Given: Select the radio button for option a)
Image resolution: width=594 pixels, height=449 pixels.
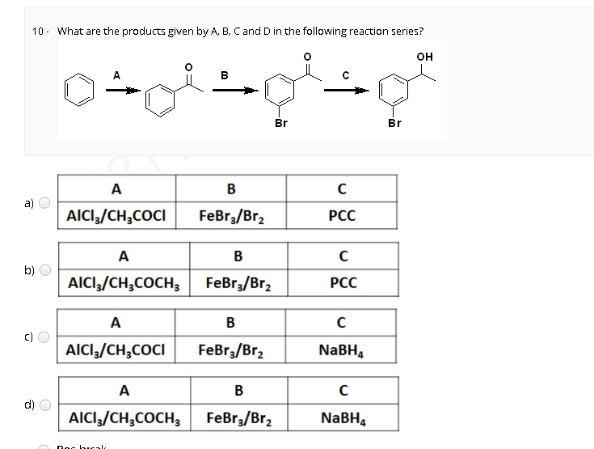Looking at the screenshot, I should pyautogui.click(x=44, y=203).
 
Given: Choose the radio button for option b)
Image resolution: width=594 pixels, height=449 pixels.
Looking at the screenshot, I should pyautogui.click(x=44, y=270).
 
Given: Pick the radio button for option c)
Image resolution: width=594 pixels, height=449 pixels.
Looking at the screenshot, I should pyautogui.click(x=44, y=337).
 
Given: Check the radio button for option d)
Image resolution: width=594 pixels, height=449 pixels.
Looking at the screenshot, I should pyautogui.click(x=44, y=405).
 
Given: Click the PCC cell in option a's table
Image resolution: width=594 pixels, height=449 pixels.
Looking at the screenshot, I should pyautogui.click(x=343, y=217).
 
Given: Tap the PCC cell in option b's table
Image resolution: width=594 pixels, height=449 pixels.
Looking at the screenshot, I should pyautogui.click(x=343, y=284).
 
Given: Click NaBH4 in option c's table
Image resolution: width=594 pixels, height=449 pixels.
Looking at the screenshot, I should pyautogui.click(x=343, y=351).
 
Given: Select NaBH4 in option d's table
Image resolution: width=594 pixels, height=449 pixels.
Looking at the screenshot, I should pyautogui.click(x=343, y=418).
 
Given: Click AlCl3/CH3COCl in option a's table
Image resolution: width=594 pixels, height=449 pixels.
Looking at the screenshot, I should pyautogui.click(x=116, y=217).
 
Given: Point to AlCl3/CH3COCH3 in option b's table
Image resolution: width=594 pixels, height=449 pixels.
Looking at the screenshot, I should pyautogui.click(x=124, y=284).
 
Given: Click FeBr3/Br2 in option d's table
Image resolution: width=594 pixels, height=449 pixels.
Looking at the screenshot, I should pyautogui.click(x=238, y=418).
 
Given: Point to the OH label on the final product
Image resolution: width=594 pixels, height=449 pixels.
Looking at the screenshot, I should pyautogui.click(x=424, y=56).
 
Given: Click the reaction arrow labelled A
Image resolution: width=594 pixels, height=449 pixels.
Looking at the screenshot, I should pyautogui.click(x=118, y=90).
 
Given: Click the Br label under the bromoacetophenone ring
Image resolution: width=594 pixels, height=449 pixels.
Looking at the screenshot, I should pyautogui.click(x=280, y=124).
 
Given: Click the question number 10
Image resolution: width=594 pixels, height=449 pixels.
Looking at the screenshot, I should pyautogui.click(x=38, y=32).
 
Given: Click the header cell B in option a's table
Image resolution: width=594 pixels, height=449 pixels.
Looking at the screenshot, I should pyautogui.click(x=230, y=189).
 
